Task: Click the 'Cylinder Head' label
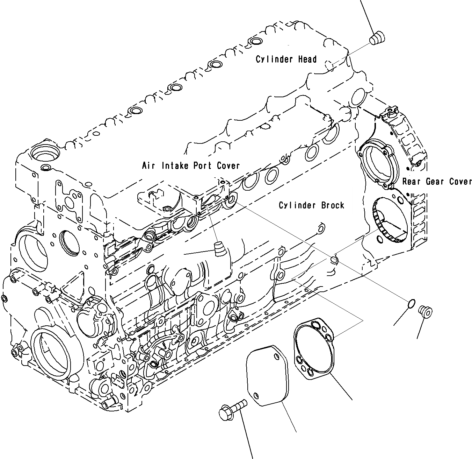pyautogui.click(x=286, y=59)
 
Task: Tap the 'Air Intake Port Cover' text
pyautogui.click(x=191, y=165)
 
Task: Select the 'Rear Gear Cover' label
pyautogui.click(x=437, y=182)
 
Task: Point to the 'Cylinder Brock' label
pyautogui.click(x=311, y=205)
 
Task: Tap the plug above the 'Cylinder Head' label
pyautogui.click(x=377, y=37)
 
